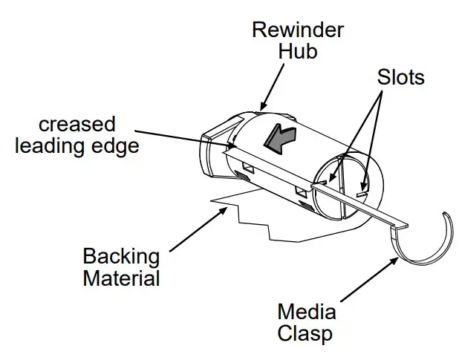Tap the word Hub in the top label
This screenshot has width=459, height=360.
click(299, 51)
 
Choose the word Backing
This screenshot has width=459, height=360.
click(121, 257)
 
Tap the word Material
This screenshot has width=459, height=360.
click(121, 279)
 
